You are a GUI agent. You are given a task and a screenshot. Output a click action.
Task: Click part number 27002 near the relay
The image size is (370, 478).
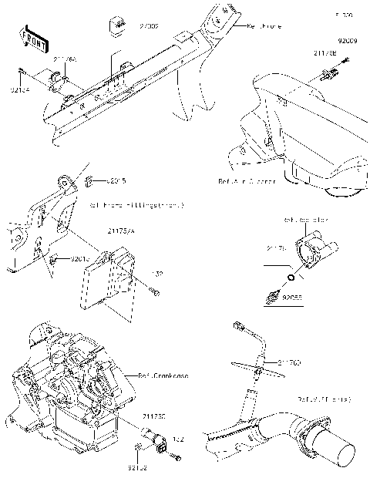tap(148, 26)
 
